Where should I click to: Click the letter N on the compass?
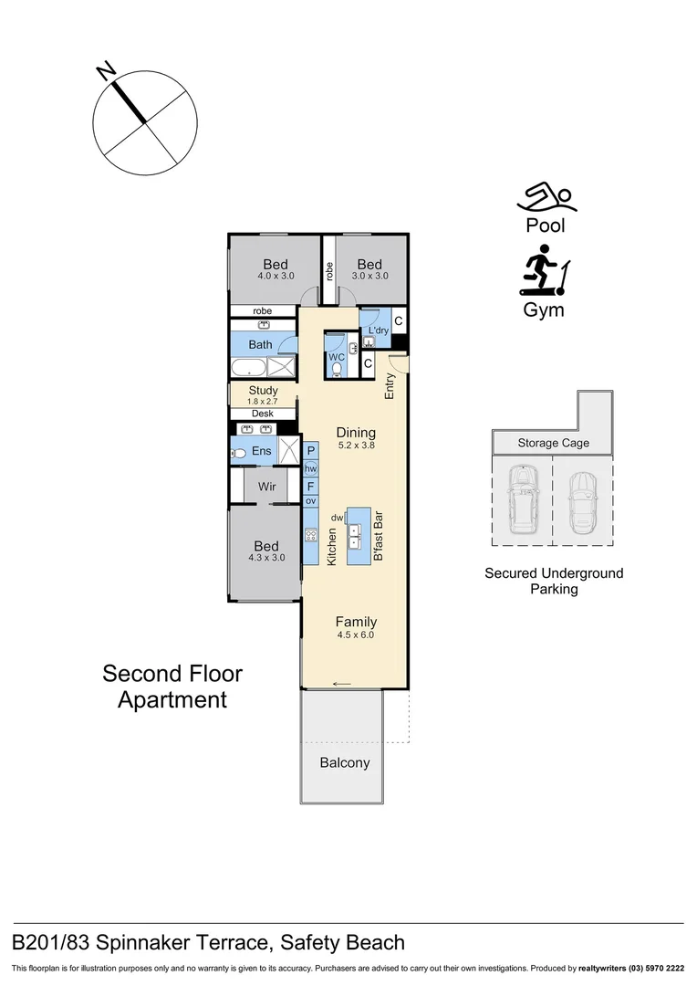point(106,69)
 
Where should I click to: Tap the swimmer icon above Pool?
point(544,196)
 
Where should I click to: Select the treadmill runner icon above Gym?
point(545,270)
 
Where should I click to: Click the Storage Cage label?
point(553,444)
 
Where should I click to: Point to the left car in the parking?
point(521,500)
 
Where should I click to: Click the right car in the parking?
point(581,503)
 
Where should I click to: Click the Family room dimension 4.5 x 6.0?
point(356,635)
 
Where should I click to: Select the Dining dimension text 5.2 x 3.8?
point(356,446)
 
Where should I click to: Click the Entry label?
point(390,386)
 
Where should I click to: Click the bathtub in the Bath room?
point(247,368)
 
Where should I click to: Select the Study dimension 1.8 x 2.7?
point(263,401)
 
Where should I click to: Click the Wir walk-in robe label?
point(266,487)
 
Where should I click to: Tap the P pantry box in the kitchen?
point(311,451)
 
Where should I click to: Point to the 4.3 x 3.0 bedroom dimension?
point(266,558)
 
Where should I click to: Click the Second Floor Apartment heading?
point(172,687)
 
